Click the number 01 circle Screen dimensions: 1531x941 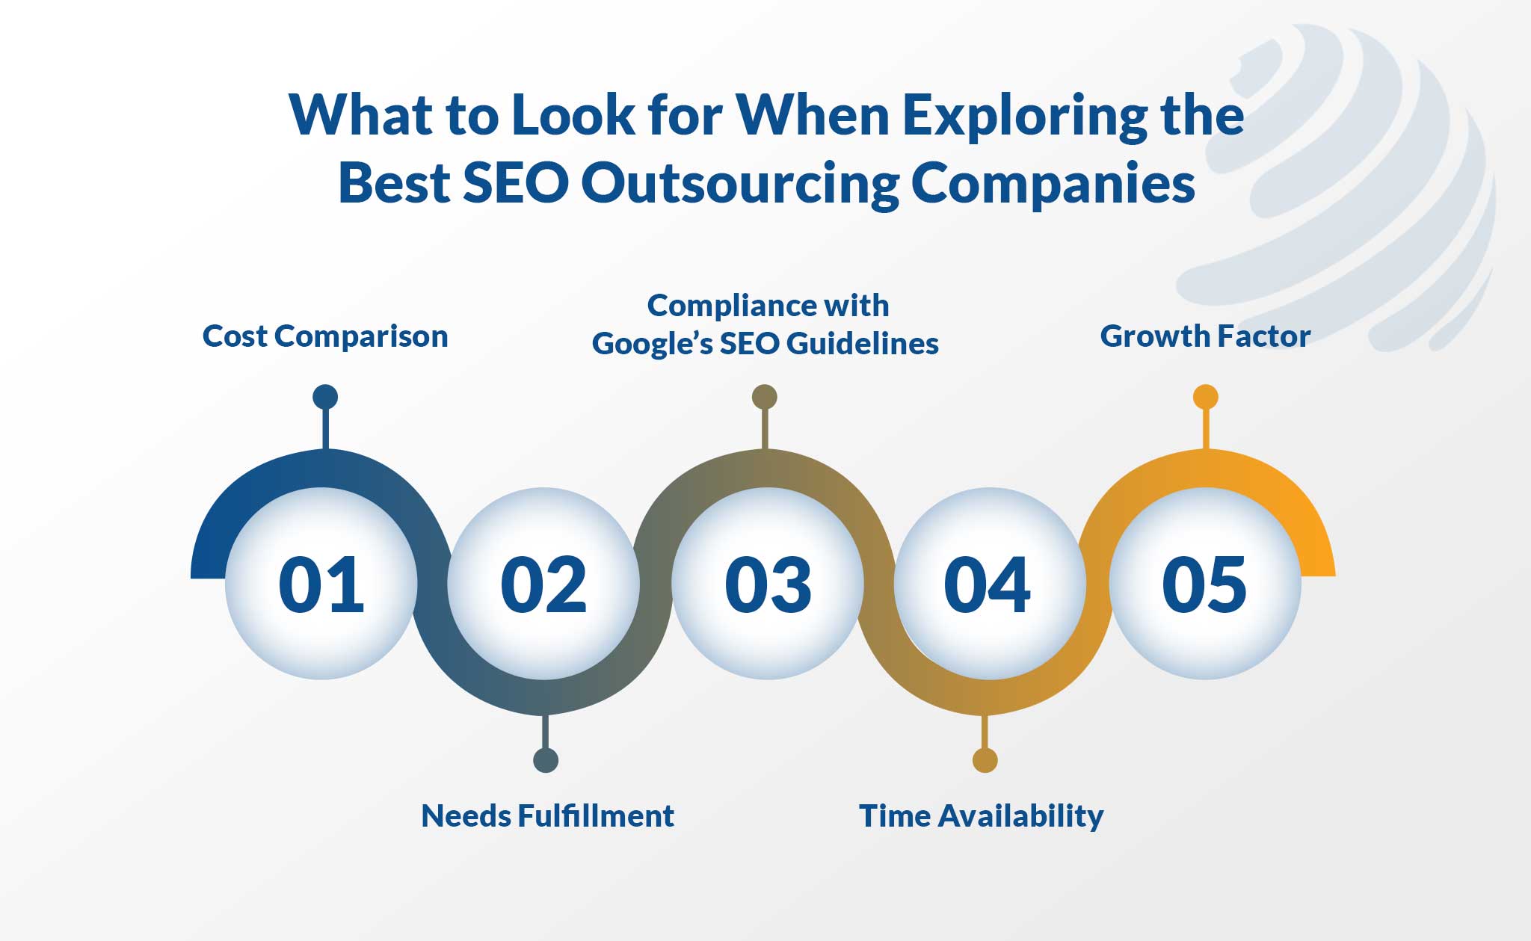321,583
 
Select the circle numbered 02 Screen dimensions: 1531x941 543,583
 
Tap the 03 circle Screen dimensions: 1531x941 768,583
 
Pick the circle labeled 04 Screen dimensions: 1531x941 988,583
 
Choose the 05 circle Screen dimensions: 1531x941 1205,583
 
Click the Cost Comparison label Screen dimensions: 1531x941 325,336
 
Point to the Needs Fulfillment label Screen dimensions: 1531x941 548,815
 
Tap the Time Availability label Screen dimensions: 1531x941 982,816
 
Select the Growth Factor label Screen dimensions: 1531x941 1205,336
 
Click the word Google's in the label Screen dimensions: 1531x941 653,344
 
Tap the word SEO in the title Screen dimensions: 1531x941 516,183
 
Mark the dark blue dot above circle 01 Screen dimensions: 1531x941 325,397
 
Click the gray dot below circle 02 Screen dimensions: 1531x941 546,760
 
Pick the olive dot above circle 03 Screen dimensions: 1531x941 765,397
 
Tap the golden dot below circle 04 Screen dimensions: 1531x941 985,760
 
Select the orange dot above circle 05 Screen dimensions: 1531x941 1206,397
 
